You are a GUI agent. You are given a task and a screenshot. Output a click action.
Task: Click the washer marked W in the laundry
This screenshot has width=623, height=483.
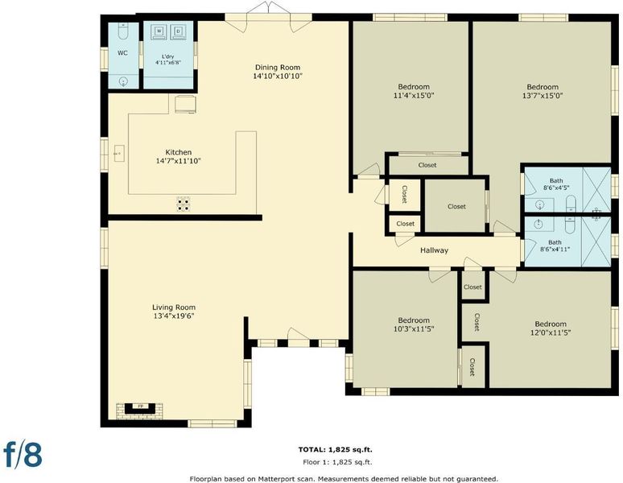[159, 32]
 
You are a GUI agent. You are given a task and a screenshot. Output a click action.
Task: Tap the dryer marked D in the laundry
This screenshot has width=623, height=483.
[179, 32]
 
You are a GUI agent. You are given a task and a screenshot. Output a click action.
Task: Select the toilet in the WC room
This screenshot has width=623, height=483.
[123, 31]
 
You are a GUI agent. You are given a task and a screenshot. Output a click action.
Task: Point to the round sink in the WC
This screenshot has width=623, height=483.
[124, 82]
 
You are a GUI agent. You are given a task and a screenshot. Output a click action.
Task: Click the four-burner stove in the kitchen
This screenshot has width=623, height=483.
[184, 204]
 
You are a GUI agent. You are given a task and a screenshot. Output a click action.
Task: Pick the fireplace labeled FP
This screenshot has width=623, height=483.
[140, 409]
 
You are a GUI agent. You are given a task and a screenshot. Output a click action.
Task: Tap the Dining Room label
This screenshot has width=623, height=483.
[278, 68]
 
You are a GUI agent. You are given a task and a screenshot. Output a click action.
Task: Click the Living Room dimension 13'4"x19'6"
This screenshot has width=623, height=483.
[174, 316]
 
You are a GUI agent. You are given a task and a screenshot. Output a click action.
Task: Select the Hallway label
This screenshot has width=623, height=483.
[435, 250]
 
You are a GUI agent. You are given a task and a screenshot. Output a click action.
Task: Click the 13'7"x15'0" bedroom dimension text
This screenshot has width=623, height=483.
[543, 96]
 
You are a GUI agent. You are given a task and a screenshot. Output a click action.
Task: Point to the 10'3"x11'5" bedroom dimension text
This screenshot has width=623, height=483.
[414, 329]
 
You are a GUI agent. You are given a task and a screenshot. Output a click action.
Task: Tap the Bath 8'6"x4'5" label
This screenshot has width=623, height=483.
[556, 184]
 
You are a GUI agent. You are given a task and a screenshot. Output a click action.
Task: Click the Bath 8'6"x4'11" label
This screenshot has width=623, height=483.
[555, 246]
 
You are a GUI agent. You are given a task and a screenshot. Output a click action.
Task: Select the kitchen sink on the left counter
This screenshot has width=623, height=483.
[119, 153]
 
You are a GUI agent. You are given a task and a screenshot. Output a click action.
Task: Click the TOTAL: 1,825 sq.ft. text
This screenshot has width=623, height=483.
[336, 450]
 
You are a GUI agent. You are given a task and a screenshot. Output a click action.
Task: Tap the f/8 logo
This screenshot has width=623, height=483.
[23, 454]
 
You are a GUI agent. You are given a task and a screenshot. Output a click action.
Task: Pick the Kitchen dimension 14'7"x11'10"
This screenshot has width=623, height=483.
[179, 161]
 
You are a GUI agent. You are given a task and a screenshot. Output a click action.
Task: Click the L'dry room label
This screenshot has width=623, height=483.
[168, 57]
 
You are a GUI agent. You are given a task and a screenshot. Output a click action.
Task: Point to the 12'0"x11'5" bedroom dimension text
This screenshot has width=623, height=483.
[551, 332]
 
